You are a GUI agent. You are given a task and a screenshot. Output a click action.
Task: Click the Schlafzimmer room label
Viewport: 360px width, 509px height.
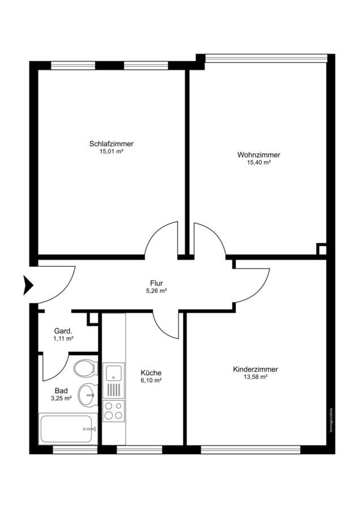tap(112, 144)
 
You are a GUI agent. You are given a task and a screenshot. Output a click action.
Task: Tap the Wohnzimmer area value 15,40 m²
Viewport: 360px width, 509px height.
tap(259, 163)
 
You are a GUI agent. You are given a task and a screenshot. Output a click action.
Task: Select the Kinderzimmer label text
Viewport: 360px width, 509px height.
tap(255, 369)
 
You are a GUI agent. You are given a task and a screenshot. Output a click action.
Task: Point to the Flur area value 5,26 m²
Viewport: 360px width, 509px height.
tap(156, 291)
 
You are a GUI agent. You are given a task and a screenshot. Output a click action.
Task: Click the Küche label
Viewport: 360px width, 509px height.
tap(151, 373)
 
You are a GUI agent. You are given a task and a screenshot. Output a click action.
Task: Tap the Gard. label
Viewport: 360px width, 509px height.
tap(63, 331)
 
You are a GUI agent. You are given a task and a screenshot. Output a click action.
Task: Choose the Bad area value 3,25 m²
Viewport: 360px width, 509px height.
tap(61, 398)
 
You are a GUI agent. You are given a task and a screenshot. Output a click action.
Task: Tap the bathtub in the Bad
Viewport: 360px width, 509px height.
tap(68, 429)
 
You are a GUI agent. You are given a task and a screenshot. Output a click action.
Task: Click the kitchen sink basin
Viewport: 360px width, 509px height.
tap(113, 372)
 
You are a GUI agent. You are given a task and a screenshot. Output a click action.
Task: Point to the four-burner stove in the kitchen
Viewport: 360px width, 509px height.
tap(114, 411)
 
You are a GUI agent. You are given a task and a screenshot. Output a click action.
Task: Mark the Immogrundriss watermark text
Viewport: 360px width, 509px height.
tap(331, 420)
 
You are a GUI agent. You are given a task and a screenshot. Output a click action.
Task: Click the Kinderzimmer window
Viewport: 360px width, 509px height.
tap(251, 450)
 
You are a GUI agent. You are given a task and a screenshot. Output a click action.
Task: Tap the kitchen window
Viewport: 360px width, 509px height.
tap(139, 450)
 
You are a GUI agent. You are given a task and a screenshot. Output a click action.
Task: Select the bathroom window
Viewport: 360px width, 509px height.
tap(75, 450)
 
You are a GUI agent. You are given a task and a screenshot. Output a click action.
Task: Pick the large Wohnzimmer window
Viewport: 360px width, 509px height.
tap(267, 58)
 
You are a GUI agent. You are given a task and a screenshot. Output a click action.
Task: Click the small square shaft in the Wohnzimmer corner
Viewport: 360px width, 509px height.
tap(322, 249)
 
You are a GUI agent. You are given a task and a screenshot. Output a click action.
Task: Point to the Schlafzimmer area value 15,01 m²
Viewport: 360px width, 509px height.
tap(112, 151)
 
